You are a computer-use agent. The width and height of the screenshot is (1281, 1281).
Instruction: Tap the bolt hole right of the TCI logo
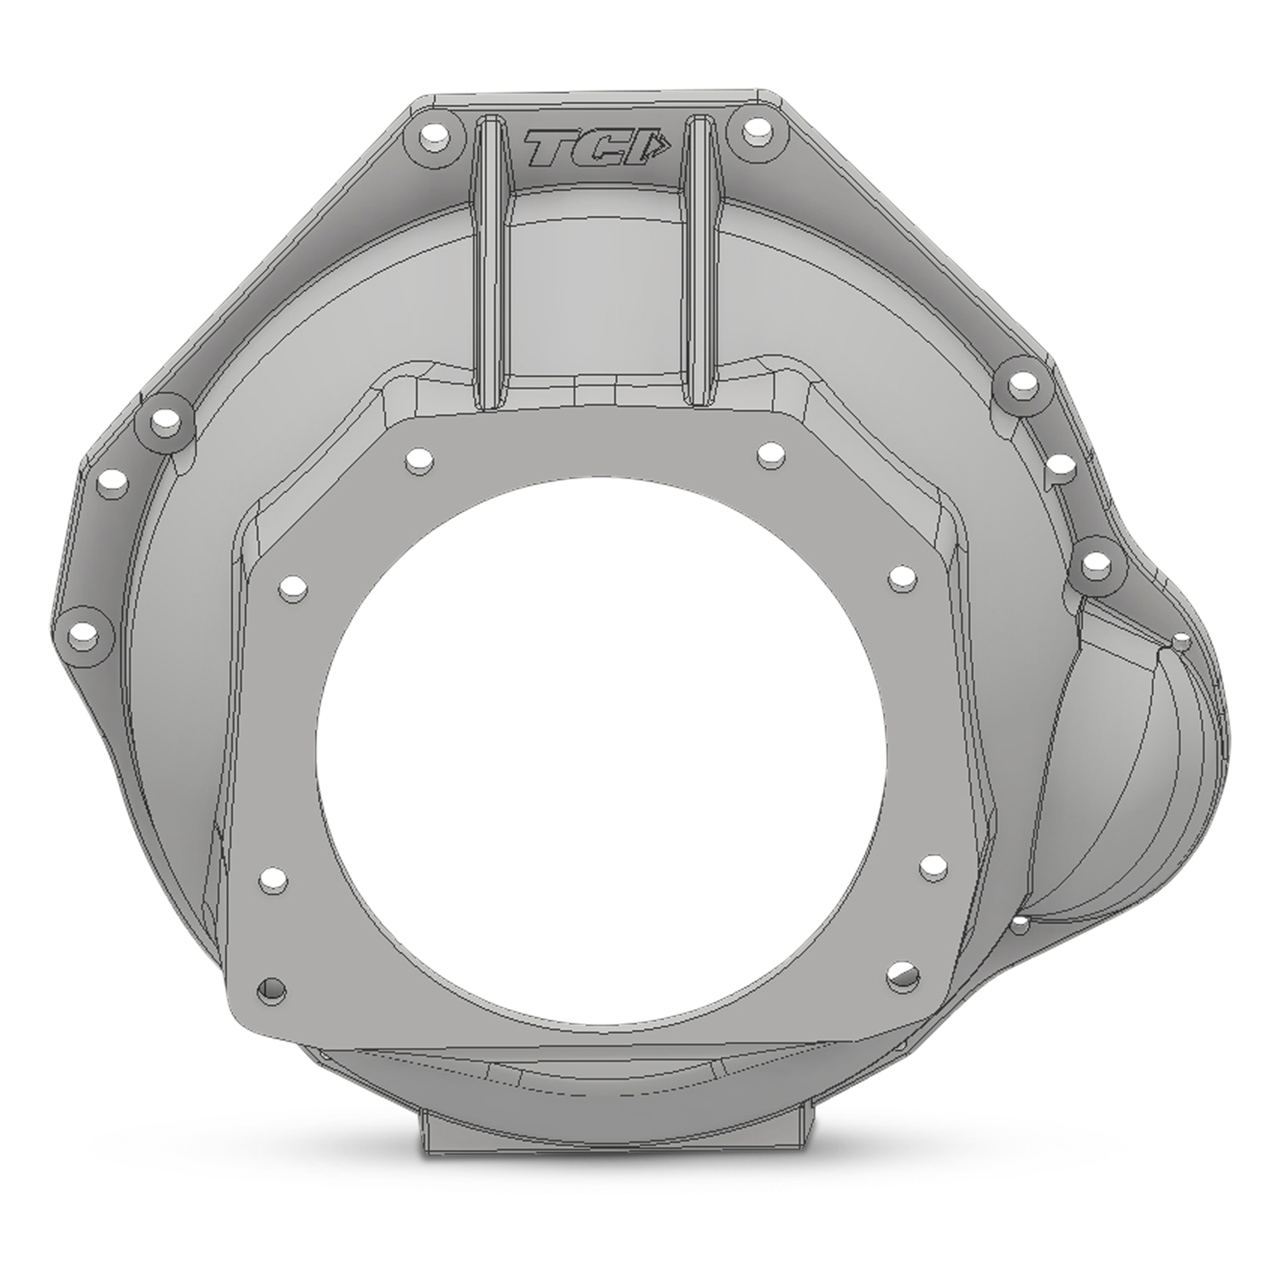click(x=752, y=130)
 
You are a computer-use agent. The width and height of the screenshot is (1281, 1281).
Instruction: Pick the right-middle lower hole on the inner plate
click(x=929, y=867)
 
